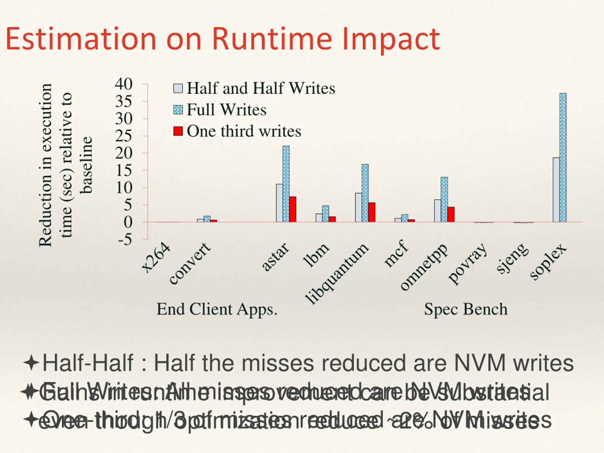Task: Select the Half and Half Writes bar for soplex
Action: coord(556,189)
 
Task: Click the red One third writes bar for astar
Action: coord(293,209)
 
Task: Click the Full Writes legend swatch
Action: coord(178,110)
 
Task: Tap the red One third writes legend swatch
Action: coord(178,131)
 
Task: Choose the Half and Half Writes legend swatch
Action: coord(178,88)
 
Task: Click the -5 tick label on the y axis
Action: coord(125,239)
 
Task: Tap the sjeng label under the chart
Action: coord(512,258)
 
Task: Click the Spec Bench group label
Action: coord(466,309)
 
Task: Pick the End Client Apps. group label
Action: coord(217,309)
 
